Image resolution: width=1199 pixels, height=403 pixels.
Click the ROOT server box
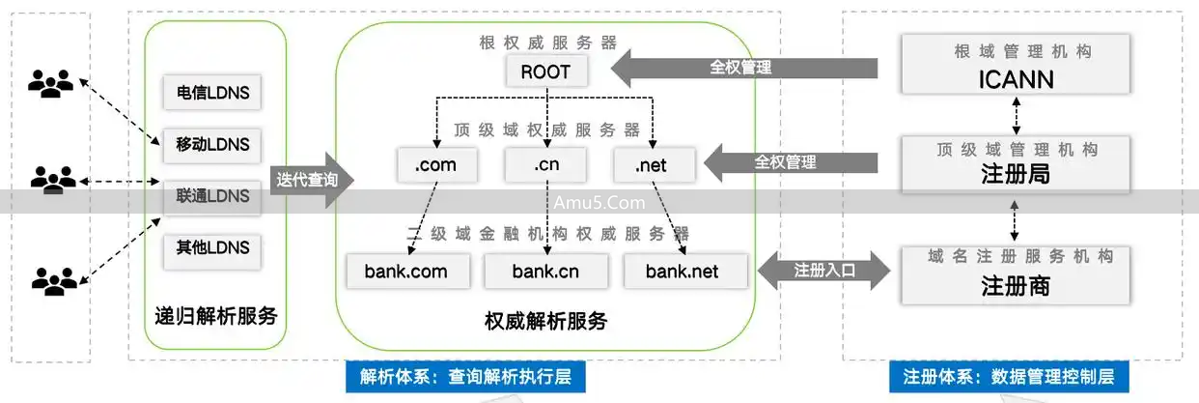point(545,72)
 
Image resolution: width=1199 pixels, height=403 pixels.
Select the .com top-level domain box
point(435,165)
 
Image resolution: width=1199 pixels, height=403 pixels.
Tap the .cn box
point(545,165)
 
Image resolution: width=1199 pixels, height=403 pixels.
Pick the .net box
point(652,165)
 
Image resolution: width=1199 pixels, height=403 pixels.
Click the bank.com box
point(406,271)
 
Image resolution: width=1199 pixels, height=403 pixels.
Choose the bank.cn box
point(545,271)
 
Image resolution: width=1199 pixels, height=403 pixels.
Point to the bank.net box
point(683,271)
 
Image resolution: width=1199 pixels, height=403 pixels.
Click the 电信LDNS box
point(212,93)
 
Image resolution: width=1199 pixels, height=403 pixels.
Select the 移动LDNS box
point(212,145)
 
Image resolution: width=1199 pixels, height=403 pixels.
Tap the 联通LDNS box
point(212,196)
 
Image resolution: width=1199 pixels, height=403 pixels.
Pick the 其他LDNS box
point(212,248)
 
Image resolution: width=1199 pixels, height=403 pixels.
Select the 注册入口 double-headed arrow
point(824,271)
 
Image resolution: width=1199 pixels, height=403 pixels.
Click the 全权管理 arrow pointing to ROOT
point(743,68)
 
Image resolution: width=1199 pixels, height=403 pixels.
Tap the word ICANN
point(1015,79)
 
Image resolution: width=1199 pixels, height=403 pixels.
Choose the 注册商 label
point(1015,287)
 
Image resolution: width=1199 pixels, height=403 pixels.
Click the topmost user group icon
point(50,84)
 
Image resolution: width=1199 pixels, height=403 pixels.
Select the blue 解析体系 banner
point(465,377)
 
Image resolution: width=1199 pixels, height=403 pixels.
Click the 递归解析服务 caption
point(216,316)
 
